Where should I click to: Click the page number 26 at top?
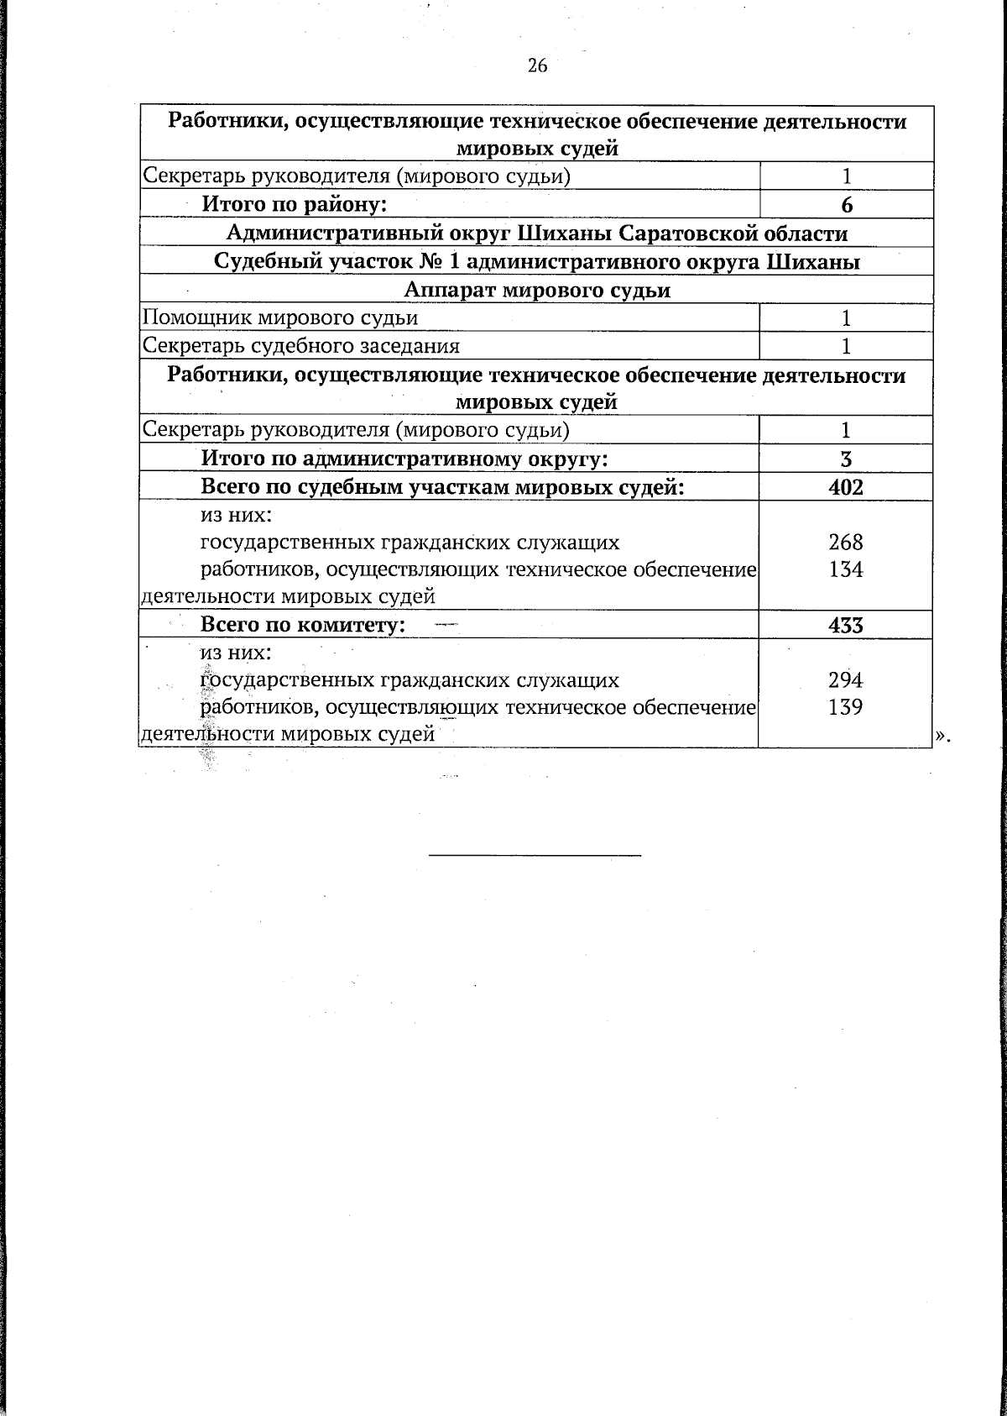coord(537,66)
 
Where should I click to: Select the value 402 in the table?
coord(845,487)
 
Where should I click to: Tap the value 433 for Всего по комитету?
coord(845,625)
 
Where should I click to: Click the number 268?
coord(845,542)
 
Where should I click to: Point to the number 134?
coord(845,569)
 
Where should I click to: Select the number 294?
coord(845,679)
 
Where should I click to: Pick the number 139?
coord(845,707)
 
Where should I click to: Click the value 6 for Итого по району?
coord(846,205)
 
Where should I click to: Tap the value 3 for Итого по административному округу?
coord(846,459)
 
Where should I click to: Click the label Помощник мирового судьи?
coord(280,317)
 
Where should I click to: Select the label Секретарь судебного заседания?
coord(301,346)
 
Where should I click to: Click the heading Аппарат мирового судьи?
coord(537,290)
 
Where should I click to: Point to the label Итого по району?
coord(294,204)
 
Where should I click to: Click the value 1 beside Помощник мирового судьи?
coord(846,317)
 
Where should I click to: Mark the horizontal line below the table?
coord(535,855)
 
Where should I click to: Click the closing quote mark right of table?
coord(942,736)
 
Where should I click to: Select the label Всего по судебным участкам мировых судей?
coord(442,487)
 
